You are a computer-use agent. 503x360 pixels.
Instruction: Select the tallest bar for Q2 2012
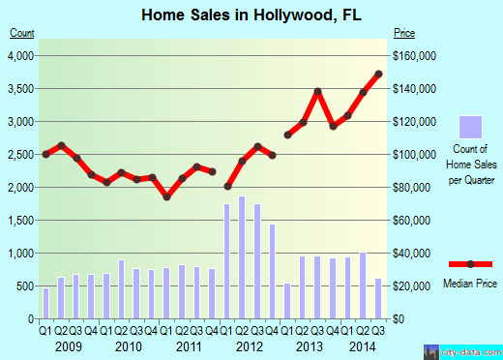point(242,257)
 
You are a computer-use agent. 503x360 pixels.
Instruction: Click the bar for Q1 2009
point(45,303)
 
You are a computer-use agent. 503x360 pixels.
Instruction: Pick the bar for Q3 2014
point(378,299)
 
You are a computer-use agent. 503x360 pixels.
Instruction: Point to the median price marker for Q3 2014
point(378,74)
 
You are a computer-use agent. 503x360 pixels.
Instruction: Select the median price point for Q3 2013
point(317,92)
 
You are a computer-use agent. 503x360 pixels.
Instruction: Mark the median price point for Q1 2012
point(227,187)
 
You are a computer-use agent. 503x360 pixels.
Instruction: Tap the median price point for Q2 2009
point(61,146)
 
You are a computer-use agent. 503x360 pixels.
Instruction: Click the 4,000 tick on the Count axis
point(21,56)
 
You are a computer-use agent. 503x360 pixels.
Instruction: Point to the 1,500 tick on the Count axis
point(21,221)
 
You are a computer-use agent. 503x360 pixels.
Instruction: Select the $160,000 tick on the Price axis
point(417,56)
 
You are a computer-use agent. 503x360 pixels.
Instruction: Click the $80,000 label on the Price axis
point(414,188)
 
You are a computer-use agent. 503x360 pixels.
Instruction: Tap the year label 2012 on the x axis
point(250,346)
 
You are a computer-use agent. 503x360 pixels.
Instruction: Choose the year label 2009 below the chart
point(68,346)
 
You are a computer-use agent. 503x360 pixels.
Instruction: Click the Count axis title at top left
point(22,32)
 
